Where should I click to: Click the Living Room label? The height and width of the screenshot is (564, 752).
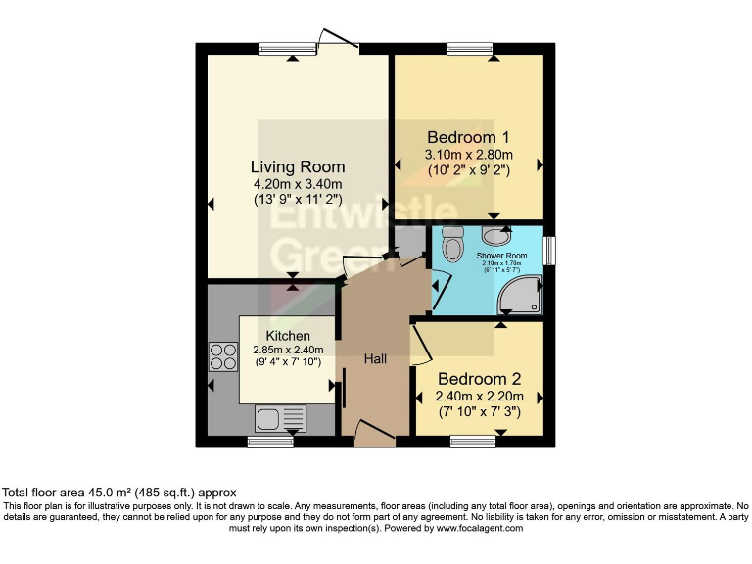(x=298, y=167)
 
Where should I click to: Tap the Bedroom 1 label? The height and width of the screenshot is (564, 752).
(x=467, y=137)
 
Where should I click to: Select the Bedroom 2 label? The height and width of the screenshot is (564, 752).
(x=479, y=379)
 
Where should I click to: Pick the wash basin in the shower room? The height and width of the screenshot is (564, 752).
(x=497, y=235)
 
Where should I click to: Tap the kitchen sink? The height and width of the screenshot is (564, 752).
(x=281, y=420)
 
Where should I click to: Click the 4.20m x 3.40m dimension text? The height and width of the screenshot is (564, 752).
(x=298, y=184)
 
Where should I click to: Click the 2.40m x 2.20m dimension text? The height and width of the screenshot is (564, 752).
(x=479, y=397)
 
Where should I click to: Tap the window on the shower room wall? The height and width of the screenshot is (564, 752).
(x=549, y=251)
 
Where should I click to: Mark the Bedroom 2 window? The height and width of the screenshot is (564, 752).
(x=474, y=442)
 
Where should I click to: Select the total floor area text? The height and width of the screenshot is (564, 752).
(x=118, y=492)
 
